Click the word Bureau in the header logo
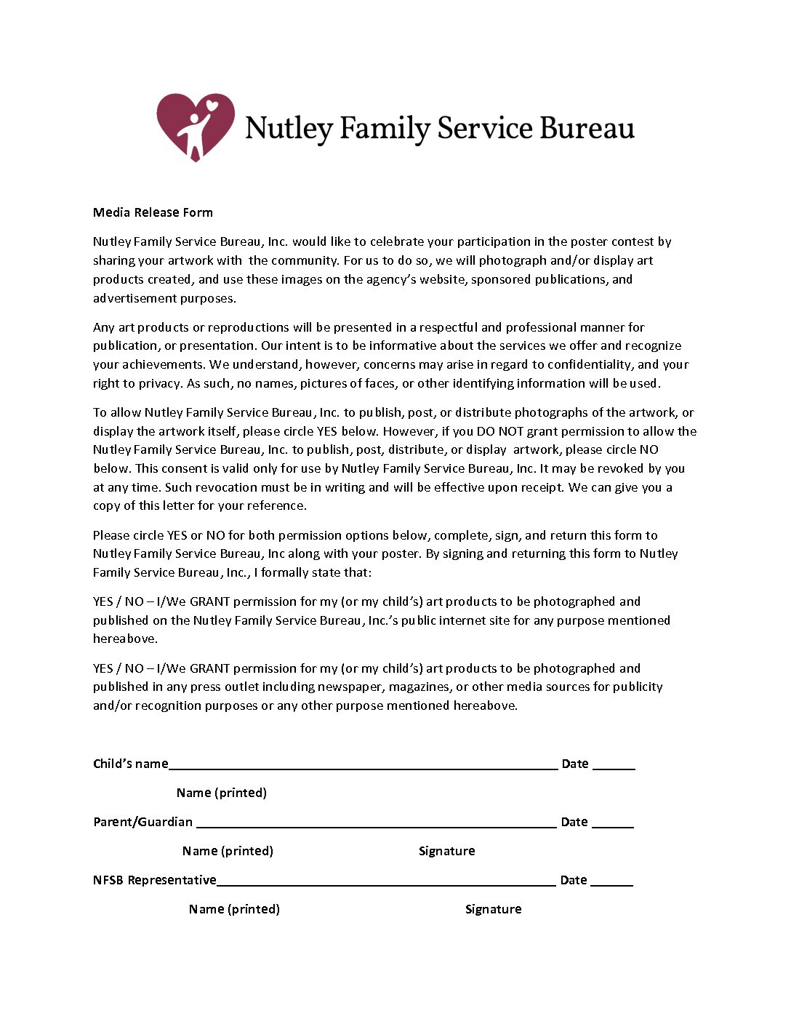587,128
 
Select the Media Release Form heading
153,212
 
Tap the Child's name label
130,764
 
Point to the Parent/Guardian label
142,822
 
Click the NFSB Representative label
154,880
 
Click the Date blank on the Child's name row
614,767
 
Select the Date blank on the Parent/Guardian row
613,825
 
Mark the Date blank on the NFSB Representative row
611,883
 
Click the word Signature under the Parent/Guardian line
446,851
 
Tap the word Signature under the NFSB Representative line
493,909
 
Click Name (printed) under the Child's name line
221,793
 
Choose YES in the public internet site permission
102,601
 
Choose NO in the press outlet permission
134,668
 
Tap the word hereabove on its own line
124,639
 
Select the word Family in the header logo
385,128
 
